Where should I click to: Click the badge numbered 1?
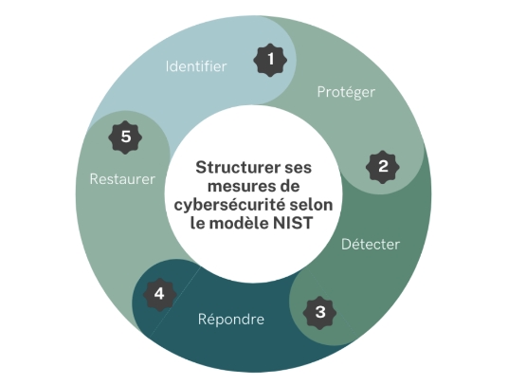tap(270, 60)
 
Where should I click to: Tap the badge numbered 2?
tap(383, 167)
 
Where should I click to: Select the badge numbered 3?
tap(319, 313)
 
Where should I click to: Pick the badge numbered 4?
tap(159, 295)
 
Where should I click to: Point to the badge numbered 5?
tap(125, 137)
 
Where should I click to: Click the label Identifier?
tap(196, 66)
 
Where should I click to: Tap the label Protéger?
tap(346, 92)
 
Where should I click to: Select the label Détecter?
tap(371, 244)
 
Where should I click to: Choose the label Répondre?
tap(231, 320)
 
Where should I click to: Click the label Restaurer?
tap(122, 179)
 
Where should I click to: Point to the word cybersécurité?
tap(229, 205)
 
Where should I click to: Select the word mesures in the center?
tap(238, 187)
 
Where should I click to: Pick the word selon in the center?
tap(312, 205)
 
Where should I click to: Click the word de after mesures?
tap(287, 187)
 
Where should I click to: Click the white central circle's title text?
tap(254, 195)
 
